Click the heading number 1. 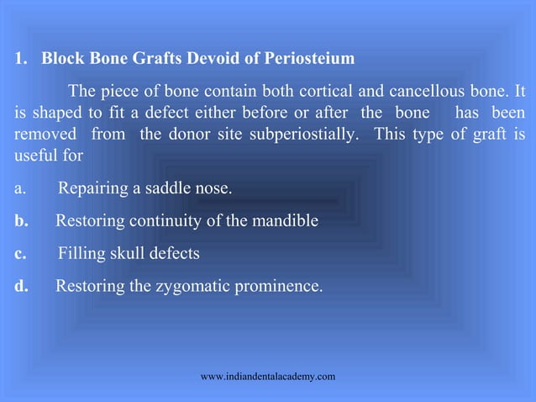pyautogui.click(x=19, y=61)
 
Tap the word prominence pyautogui.click(x=277, y=286)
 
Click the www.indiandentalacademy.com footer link pyautogui.click(x=268, y=376)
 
